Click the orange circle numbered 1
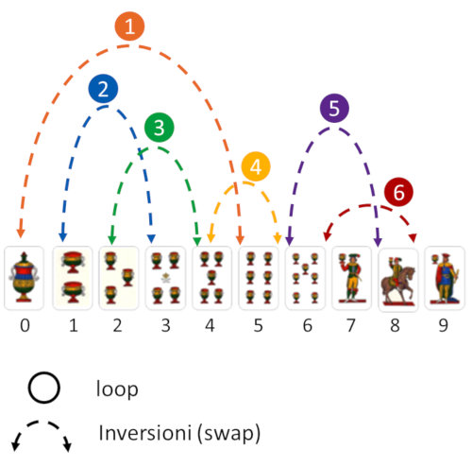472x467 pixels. (x=129, y=26)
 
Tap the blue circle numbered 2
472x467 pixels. (x=103, y=89)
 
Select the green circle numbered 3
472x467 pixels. (x=159, y=128)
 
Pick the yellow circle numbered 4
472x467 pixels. (x=256, y=166)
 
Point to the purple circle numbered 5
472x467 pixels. (x=334, y=108)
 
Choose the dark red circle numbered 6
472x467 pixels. (x=398, y=192)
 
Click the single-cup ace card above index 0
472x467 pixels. (x=24, y=278)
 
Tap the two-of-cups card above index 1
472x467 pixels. (x=73, y=278)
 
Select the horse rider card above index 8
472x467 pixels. (x=398, y=280)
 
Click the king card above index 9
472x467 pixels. (x=445, y=278)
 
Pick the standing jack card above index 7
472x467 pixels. (x=352, y=278)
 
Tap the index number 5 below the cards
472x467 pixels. (x=258, y=325)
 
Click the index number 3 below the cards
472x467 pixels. (x=165, y=325)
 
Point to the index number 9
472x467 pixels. (x=443, y=325)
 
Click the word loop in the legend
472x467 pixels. (x=117, y=389)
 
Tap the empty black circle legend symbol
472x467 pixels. (x=43, y=388)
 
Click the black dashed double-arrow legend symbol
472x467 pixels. (x=42, y=423)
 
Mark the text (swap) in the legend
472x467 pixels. (x=228, y=433)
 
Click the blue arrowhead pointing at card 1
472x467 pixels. (x=63, y=237)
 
